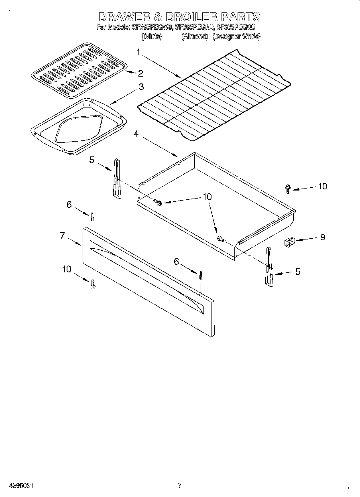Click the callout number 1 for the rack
138,52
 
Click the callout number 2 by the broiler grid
140,73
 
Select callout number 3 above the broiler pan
141,86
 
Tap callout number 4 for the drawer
136,134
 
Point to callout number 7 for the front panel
62,235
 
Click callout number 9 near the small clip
322,237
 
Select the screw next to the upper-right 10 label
288,188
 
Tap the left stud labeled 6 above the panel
92,217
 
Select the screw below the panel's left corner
93,284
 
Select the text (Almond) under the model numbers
194,37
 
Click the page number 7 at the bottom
179,485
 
